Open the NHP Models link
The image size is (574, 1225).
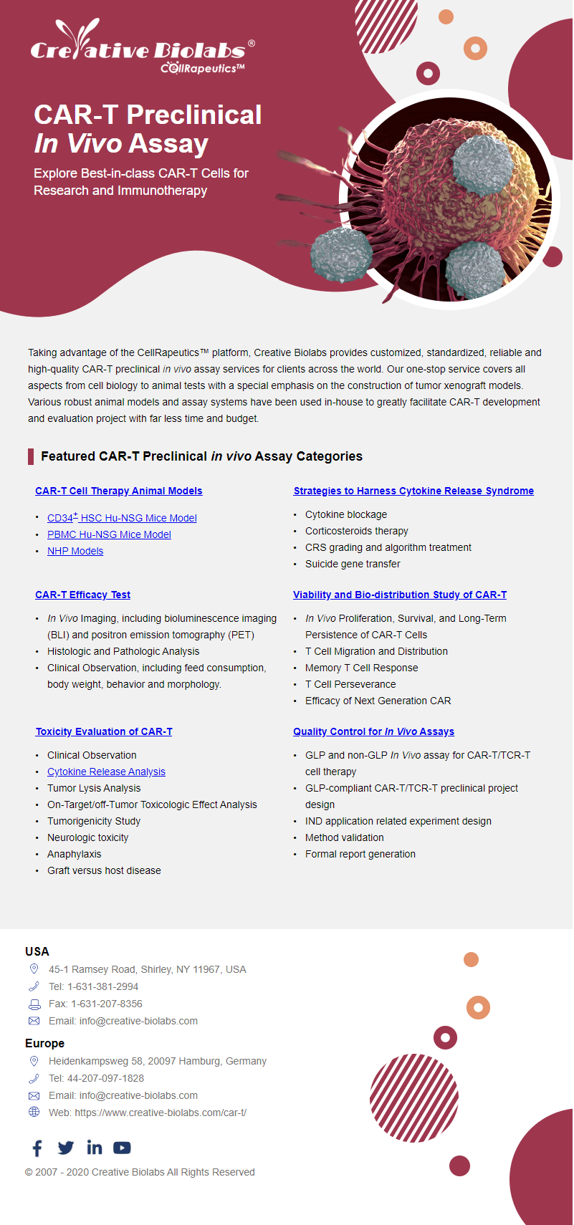pyautogui.click(x=75, y=551)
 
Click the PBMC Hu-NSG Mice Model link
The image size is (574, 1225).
pyautogui.click(x=109, y=534)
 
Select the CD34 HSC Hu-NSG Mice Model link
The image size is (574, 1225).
pyautogui.click(x=122, y=518)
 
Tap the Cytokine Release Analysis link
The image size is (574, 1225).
pyautogui.click(x=106, y=772)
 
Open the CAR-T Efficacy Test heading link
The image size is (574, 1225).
pyautogui.click(x=82, y=595)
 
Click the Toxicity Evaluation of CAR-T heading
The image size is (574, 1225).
pyautogui.click(x=104, y=731)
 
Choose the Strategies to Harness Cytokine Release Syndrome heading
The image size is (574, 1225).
pyautogui.click(x=413, y=491)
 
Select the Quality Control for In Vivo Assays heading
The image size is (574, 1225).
pyautogui.click(x=373, y=731)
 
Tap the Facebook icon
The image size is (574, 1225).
pyautogui.click(x=37, y=1148)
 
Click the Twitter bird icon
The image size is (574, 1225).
pyautogui.click(x=65, y=1148)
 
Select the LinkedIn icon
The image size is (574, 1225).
pyautogui.click(x=94, y=1148)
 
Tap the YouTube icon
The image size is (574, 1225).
pyautogui.click(x=122, y=1148)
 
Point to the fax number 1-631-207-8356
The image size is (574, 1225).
pyautogui.click(x=106, y=1004)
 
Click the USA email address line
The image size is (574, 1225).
pyautogui.click(x=123, y=1021)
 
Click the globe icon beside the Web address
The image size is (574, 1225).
pyautogui.click(x=34, y=1112)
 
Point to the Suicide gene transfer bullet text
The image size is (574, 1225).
pyautogui.click(x=353, y=564)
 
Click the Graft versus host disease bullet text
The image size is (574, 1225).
pyautogui.click(x=104, y=870)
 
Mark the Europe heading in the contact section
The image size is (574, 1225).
pyautogui.click(x=44, y=1043)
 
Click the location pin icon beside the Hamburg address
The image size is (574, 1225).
pyautogui.click(x=34, y=1060)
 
